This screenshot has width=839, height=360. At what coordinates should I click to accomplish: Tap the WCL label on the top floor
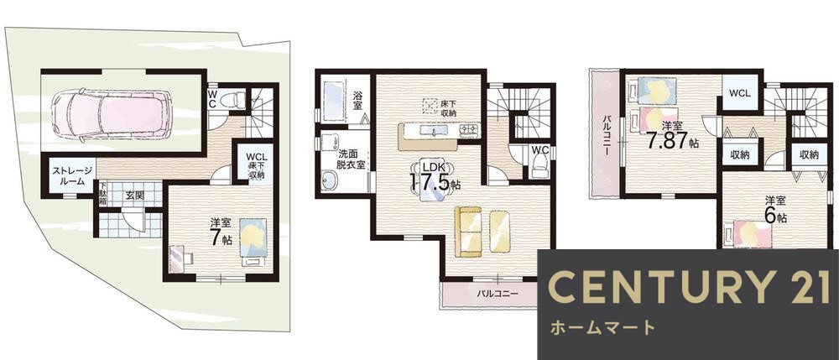pos(739,92)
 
